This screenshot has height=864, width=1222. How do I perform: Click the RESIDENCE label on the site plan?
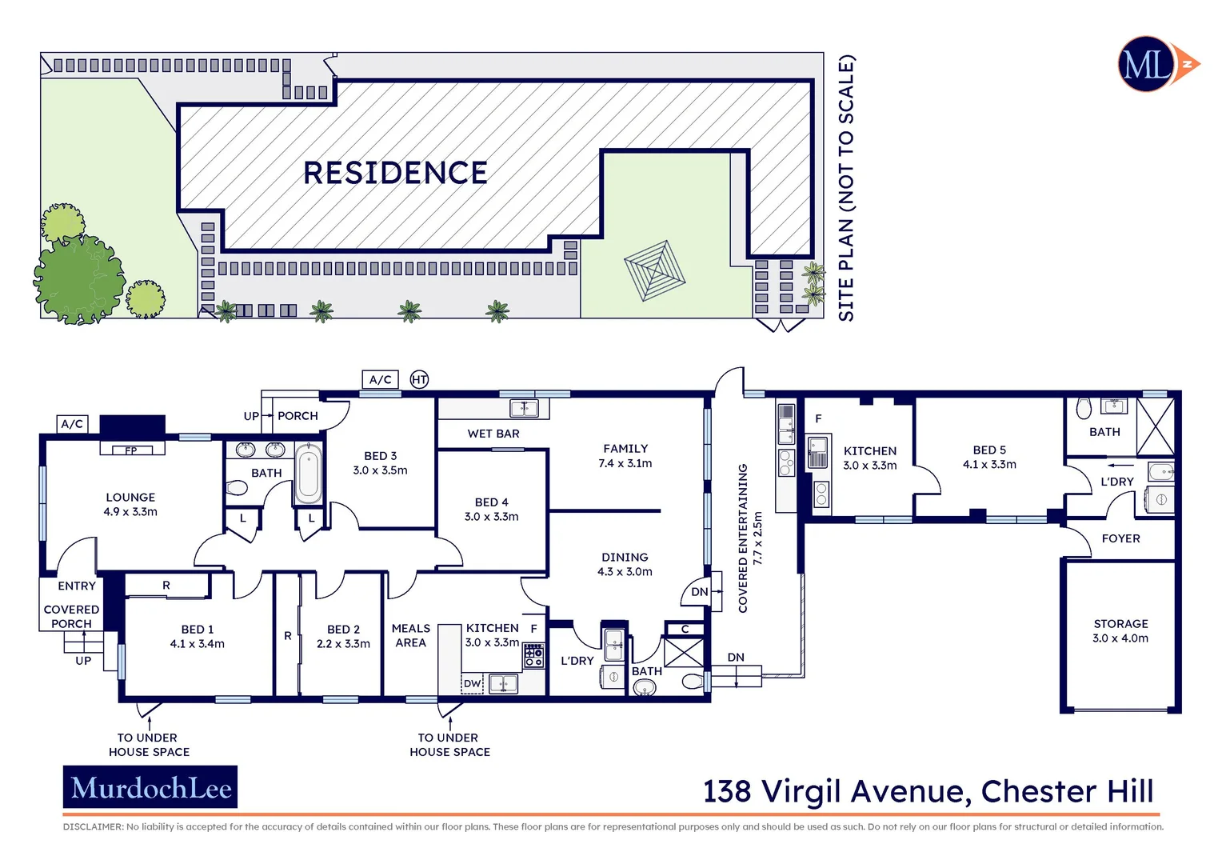[x=395, y=173]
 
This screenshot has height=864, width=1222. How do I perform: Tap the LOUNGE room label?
[x=130, y=498]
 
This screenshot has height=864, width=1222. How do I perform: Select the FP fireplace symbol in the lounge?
[x=131, y=450]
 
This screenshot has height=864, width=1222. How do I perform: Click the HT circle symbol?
[x=419, y=380]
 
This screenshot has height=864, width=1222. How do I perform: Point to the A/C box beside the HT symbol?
[x=381, y=380]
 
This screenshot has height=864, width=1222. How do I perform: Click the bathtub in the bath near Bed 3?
[x=308, y=474]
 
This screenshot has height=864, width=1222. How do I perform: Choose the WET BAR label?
[x=493, y=434]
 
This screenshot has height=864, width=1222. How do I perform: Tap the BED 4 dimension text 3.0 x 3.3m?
[x=491, y=517]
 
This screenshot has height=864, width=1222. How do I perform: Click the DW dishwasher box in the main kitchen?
[x=473, y=683]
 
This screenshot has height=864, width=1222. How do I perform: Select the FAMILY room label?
[x=625, y=449]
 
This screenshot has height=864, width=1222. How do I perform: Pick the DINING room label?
[x=625, y=557]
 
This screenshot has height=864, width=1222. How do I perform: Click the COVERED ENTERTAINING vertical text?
[x=743, y=538]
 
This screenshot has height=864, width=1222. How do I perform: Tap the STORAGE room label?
[x=1120, y=623]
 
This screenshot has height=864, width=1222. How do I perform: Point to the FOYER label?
[x=1120, y=538]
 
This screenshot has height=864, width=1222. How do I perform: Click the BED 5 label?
[x=989, y=450]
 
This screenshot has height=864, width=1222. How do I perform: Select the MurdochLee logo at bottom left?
[x=150, y=788]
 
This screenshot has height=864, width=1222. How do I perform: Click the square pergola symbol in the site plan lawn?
[x=654, y=270]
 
